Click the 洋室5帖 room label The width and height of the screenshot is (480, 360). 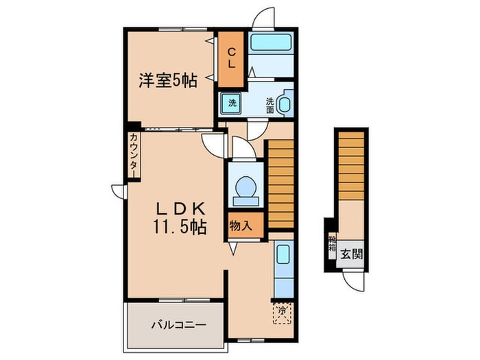pos(168,81)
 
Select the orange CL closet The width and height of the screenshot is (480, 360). pos(231,60)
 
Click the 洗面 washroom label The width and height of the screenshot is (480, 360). pos(270,105)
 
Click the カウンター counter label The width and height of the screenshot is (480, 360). pos(133,156)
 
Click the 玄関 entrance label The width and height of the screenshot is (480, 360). pos(351,252)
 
